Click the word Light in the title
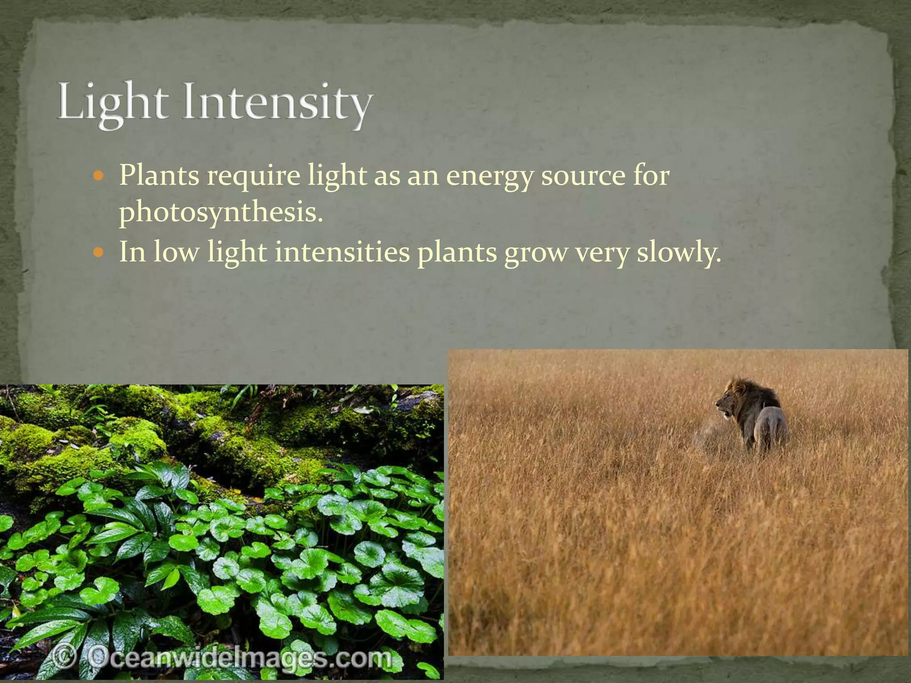click(113, 101)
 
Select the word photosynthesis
click(220, 213)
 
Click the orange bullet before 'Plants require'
click(99, 176)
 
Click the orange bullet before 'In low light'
click(99, 253)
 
